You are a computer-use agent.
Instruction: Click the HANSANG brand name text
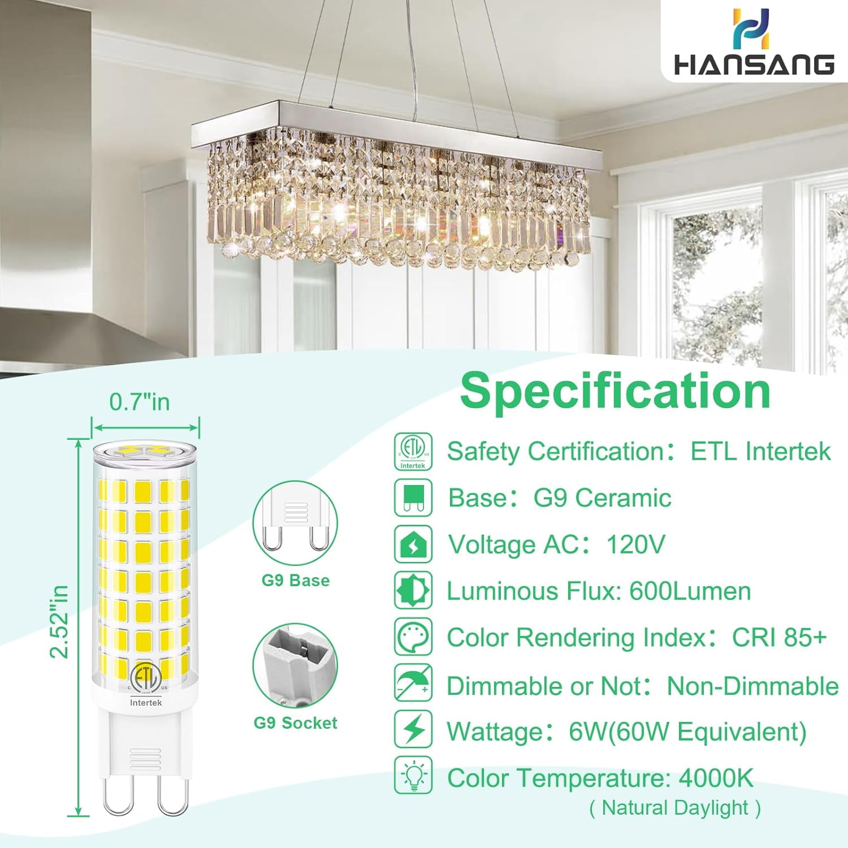754,64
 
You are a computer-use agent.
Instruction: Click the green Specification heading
615,391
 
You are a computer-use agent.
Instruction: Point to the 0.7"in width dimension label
140,401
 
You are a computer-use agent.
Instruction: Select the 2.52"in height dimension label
59,622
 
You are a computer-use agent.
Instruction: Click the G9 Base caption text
295,581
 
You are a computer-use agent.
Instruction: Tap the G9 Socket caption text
295,722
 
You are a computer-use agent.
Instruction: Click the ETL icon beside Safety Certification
413,451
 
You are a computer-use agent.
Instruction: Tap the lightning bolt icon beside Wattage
413,730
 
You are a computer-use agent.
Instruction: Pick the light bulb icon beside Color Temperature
413,776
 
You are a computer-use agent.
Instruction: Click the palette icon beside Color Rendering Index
413,637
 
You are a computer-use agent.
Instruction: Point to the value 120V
635,544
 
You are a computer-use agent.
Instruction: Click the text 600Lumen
690,591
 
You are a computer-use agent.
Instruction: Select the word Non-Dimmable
752,686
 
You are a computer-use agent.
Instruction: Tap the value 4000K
716,778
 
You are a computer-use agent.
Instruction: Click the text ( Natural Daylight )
675,808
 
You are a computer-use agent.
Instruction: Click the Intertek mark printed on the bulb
146,702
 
